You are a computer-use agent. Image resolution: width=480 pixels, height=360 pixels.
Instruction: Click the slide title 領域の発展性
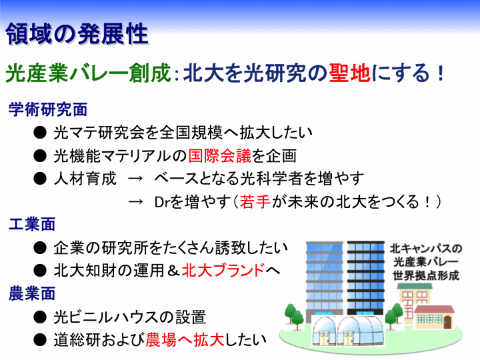(77, 34)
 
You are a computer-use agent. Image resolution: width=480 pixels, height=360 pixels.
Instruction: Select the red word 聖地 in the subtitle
(349, 73)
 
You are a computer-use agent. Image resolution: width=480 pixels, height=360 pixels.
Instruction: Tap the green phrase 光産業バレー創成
(88, 73)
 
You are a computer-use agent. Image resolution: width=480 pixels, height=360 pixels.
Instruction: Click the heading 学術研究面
(48, 109)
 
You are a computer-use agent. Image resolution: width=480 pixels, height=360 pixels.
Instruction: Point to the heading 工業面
(32, 225)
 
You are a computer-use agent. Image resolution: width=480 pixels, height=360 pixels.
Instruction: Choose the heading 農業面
(32, 293)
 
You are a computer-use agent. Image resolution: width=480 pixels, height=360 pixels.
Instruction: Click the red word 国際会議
(219, 155)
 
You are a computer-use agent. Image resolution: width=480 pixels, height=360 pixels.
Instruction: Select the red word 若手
(255, 202)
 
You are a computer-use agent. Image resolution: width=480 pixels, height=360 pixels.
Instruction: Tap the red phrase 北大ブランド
(223, 270)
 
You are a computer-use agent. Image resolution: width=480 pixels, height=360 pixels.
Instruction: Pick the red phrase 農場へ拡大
(185, 340)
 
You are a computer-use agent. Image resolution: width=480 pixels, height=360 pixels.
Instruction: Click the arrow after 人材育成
(135, 179)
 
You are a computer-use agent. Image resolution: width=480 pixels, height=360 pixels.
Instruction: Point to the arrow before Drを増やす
(135, 202)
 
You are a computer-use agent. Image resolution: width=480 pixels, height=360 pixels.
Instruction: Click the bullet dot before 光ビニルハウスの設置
(40, 317)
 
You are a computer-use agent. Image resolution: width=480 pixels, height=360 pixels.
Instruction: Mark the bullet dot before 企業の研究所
(40, 248)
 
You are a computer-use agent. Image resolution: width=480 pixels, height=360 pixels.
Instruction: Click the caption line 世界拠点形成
(426, 275)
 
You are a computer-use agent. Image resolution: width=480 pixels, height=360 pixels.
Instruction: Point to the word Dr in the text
(162, 202)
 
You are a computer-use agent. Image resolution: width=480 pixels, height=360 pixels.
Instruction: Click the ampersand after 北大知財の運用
(173, 271)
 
